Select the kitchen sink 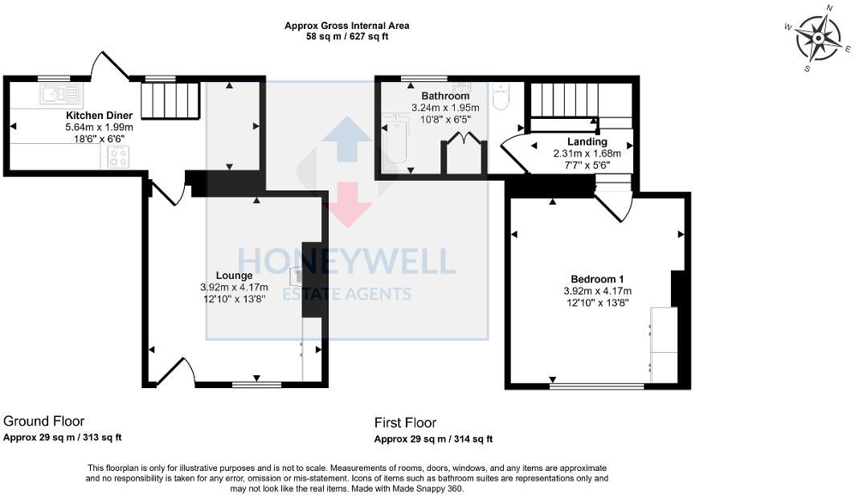tap(55, 95)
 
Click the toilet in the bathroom tap(501, 98)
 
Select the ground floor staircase tap(170, 100)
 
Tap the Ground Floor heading tap(44, 421)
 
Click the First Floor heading tap(405, 423)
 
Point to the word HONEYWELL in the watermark tap(346, 261)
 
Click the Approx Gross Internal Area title tap(347, 26)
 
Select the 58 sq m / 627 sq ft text tap(347, 37)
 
